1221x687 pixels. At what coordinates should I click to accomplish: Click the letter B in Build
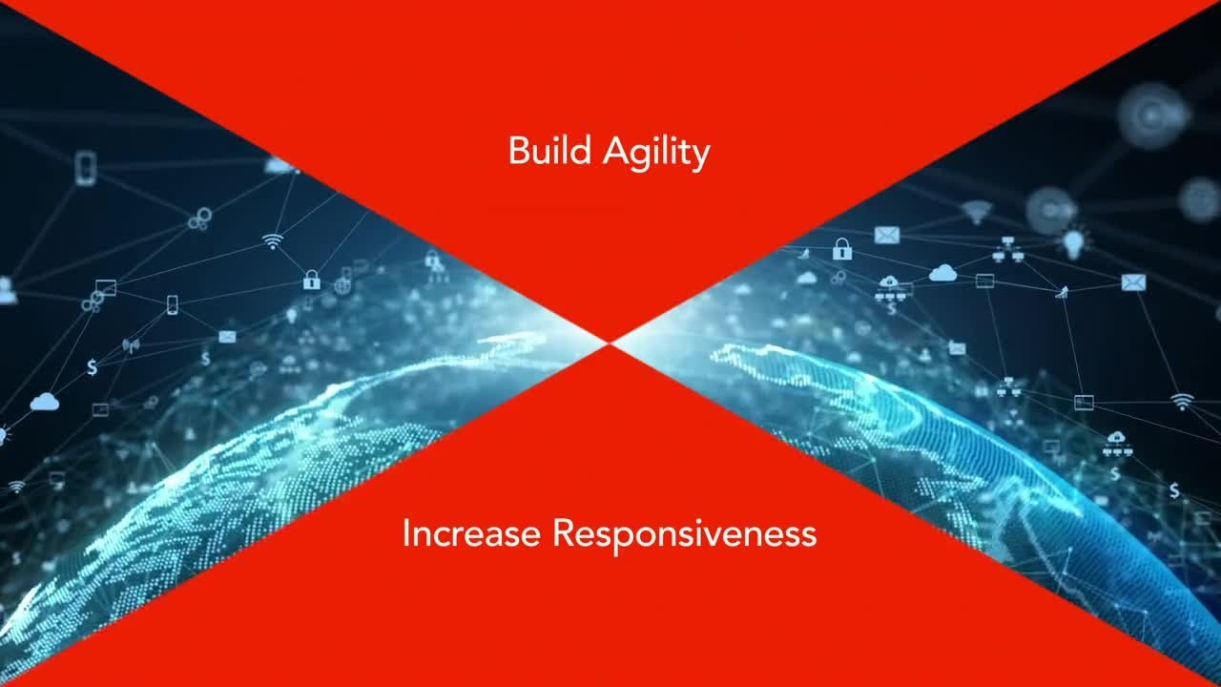[518, 151]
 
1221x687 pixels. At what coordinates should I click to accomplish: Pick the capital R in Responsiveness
[563, 532]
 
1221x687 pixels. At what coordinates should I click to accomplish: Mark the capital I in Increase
[406, 532]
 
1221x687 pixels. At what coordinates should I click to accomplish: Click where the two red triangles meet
[610, 341]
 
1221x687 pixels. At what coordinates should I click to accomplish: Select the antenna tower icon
[131, 344]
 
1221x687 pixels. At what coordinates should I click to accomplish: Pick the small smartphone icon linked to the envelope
[173, 304]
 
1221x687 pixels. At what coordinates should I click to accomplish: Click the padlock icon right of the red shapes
[841, 249]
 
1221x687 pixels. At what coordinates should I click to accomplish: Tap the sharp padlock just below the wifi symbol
[311, 280]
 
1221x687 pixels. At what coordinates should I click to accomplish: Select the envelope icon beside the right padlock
[886, 235]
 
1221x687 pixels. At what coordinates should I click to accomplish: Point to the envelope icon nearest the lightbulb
[1132, 281]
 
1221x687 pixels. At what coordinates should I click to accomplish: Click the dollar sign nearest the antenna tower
[92, 366]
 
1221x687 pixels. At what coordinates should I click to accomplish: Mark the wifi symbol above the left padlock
[274, 240]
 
